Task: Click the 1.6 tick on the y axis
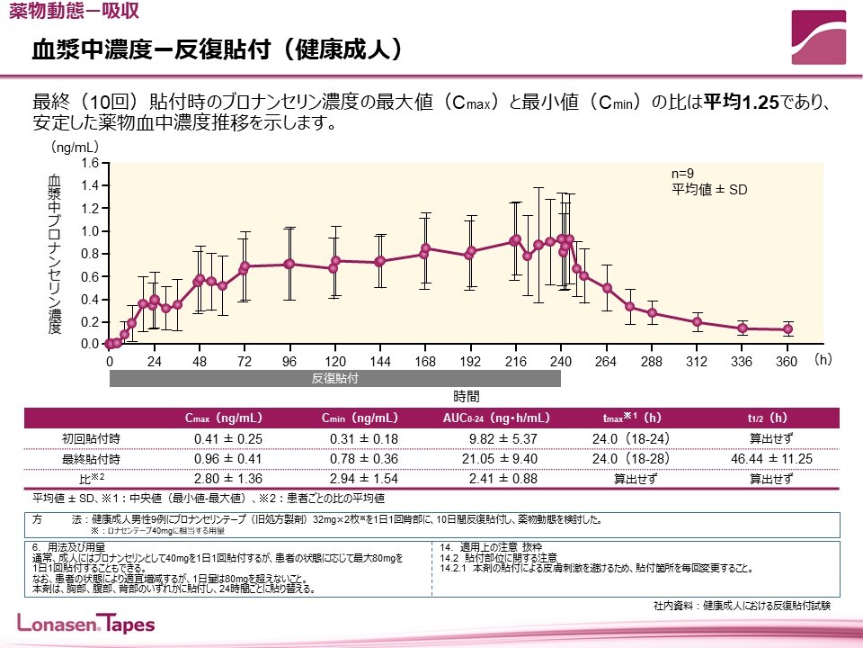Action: tap(89, 163)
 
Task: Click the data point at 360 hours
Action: tap(787, 329)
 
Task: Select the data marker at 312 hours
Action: tap(698, 322)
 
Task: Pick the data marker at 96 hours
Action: tap(289, 264)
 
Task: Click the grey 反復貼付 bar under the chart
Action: tap(335, 379)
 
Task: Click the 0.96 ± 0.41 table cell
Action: tap(227, 459)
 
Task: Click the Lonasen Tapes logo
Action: tap(86, 624)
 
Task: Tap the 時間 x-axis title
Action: tap(467, 395)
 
